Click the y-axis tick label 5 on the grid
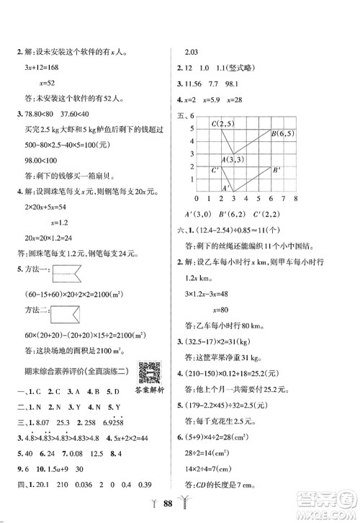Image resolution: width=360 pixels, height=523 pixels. [192, 128]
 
